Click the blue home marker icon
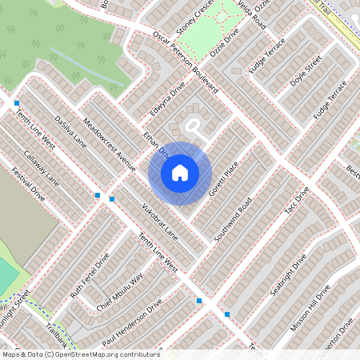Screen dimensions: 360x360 180,172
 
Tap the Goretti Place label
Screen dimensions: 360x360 223,181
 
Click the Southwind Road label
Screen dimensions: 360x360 234,219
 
